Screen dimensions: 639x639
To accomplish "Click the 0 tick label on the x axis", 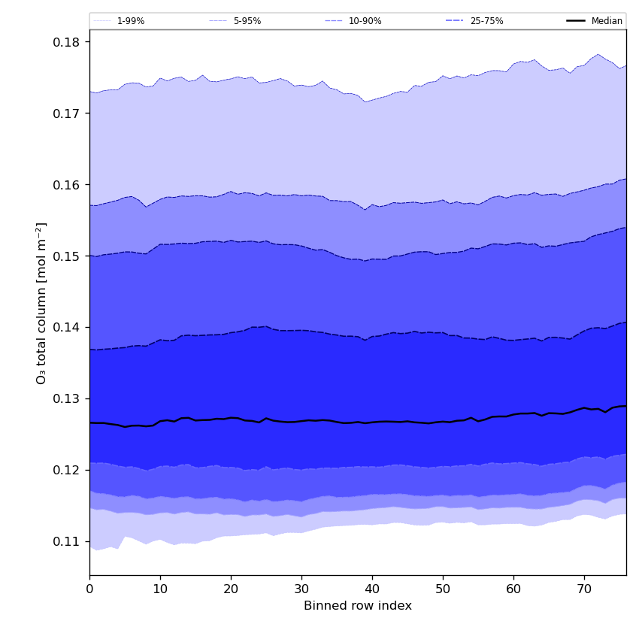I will click(89, 590).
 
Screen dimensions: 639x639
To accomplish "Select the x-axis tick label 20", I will click(231, 590).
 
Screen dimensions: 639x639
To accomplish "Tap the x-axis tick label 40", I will click(372, 590).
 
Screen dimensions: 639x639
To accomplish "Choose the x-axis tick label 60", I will click(513, 590).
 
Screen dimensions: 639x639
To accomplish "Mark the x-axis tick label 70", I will click(584, 590).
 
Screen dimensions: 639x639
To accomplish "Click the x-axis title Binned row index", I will click(358, 606).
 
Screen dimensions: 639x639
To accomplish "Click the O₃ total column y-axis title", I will click(42, 303).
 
